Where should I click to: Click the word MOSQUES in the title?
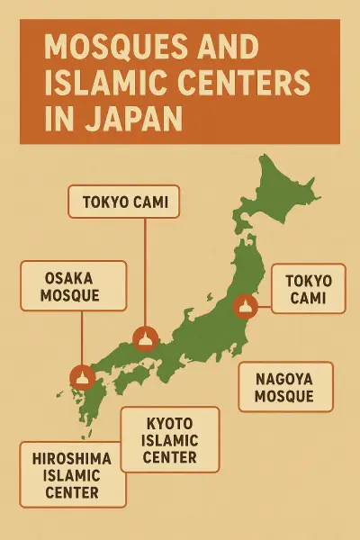coord(107,46)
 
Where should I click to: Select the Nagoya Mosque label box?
coord(284,386)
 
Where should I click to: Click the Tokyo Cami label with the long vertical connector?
coord(123,202)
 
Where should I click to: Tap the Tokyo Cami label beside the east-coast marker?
coord(307,289)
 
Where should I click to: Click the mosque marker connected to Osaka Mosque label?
coord(82,376)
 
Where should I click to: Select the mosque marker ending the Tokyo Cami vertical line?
coord(145,338)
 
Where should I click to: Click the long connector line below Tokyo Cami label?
coord(145,270)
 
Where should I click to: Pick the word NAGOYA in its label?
coord(284,377)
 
